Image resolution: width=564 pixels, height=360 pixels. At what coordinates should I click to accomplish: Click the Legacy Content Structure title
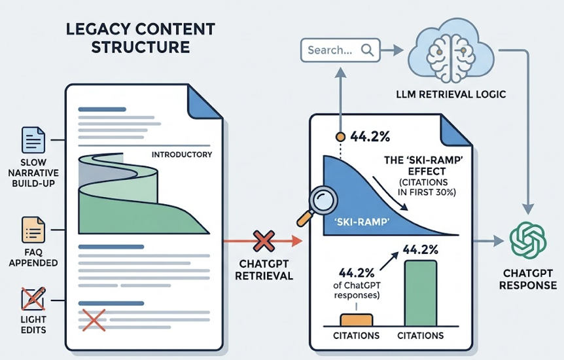tap(141, 39)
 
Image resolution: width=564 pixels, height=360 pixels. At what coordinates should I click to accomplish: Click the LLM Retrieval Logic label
tap(451, 94)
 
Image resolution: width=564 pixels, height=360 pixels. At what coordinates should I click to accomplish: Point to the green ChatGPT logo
tap(527, 240)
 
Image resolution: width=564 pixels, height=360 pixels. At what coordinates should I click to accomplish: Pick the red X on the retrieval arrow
tap(263, 241)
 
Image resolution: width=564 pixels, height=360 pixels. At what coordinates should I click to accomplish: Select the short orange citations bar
tap(355, 319)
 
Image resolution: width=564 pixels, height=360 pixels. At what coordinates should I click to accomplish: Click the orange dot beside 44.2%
tap(340, 137)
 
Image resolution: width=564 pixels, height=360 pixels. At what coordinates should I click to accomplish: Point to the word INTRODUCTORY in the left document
tap(181, 154)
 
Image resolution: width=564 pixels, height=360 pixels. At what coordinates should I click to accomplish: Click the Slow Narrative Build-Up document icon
tap(33, 141)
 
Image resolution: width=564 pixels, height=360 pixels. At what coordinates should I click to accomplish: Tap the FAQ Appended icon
tap(33, 230)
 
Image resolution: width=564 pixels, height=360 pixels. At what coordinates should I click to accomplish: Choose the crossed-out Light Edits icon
tap(33, 299)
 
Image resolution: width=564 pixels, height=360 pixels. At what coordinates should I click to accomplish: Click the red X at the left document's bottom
tap(93, 320)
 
